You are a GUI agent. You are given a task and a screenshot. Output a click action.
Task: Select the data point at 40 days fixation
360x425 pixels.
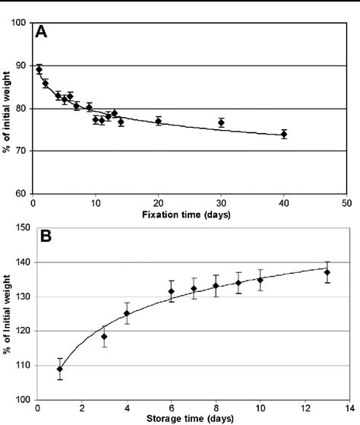point(284,134)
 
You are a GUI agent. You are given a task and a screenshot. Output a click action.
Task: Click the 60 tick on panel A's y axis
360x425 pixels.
point(21,194)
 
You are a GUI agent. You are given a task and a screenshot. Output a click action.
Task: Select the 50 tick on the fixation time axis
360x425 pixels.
point(346,204)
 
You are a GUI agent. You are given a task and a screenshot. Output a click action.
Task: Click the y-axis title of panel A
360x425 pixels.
point(6,108)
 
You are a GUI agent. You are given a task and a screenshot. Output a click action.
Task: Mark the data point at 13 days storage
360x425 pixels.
point(327,272)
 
